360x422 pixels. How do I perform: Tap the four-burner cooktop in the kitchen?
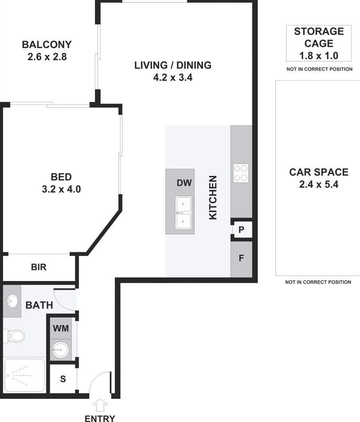coord(241,173)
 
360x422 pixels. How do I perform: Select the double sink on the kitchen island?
coord(184,213)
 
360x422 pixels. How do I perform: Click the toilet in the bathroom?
coord(14,336)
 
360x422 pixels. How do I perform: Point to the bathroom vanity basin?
coord(12,301)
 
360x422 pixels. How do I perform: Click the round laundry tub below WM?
coord(61,350)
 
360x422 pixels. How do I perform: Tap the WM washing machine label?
coord(61,328)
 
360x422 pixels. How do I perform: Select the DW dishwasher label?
coord(184,183)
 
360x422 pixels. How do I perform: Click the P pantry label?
coord(241,230)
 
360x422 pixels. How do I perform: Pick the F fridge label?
coord(241,258)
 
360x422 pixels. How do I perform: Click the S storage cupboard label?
coord(63,379)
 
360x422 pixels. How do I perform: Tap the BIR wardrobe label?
coord(39,267)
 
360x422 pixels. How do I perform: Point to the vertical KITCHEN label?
coord(213,198)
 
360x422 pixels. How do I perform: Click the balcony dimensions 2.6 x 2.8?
coord(47,57)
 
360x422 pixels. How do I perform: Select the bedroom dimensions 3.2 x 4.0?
coord(61,189)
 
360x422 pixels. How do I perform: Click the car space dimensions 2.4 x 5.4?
coord(319,184)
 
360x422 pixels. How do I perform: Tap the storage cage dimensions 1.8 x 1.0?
coord(319,56)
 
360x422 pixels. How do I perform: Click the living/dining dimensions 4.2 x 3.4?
coord(173,77)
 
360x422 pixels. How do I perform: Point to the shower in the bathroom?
coord(24,375)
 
